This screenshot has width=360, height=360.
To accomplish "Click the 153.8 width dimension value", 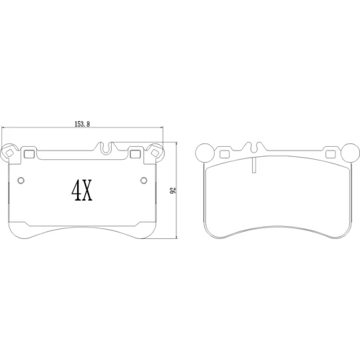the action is click(x=82, y=124).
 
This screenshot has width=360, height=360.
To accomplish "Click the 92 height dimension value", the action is click(x=173, y=190).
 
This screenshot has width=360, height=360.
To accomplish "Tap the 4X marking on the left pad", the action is click(x=82, y=191).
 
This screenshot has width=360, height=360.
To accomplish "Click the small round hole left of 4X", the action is click(x=21, y=180).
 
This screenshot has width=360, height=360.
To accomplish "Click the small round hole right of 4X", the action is click(x=143, y=180).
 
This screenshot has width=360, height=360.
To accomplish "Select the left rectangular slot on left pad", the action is click(x=30, y=154).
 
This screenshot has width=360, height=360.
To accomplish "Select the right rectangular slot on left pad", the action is click(x=135, y=154).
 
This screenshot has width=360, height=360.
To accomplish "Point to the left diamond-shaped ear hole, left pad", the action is click(x=9, y=153).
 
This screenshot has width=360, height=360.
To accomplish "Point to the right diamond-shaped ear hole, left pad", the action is click(x=155, y=153).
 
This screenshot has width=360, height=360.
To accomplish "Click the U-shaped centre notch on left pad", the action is click(x=106, y=148).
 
